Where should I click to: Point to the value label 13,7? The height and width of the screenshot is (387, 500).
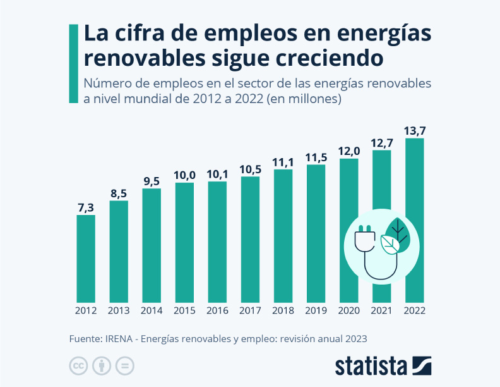click(414, 131)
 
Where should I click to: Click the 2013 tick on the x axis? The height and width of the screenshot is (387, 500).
click(119, 310)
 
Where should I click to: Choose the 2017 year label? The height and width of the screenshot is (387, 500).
click(250, 310)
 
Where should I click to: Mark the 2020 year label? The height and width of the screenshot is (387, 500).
click(348, 310)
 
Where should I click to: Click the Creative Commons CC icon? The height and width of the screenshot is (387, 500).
click(78, 365)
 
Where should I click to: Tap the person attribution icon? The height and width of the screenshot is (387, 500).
click(101, 365)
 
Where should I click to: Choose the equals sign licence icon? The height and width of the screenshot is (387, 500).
click(125, 365)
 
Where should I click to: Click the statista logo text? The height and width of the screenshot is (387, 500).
click(371, 366)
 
